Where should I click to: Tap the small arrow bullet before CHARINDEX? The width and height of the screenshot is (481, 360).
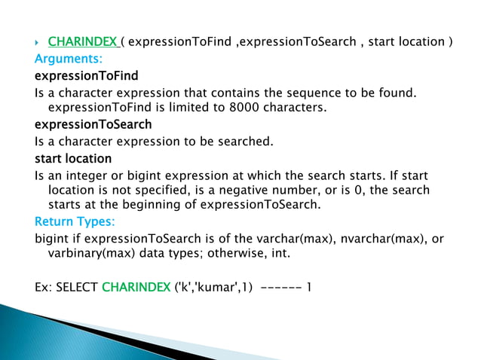38,42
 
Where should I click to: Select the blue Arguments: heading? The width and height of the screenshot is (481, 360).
69,59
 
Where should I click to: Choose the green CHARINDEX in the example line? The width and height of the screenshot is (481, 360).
136,287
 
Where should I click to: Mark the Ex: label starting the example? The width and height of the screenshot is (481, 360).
44,287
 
